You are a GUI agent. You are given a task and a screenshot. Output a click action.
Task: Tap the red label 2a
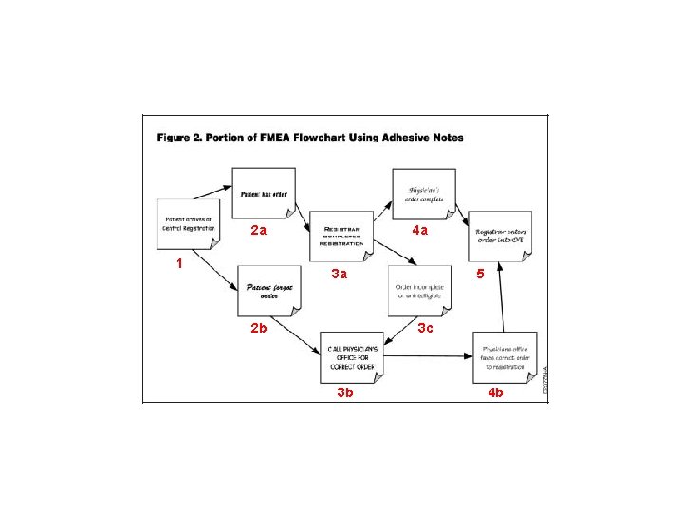point(258,231)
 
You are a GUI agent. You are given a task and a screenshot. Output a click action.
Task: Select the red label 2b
point(258,328)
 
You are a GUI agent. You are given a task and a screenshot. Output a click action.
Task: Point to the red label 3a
point(339,275)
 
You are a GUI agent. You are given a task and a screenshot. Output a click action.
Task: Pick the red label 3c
point(425,328)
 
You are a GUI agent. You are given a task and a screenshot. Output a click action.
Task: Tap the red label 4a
point(419,231)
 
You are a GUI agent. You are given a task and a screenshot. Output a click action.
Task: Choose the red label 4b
point(495,391)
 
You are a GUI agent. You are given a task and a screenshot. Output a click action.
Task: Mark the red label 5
point(480,274)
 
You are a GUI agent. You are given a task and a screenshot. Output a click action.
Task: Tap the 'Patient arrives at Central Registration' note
point(188,225)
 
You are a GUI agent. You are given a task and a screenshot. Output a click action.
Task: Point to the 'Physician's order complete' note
point(423,195)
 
